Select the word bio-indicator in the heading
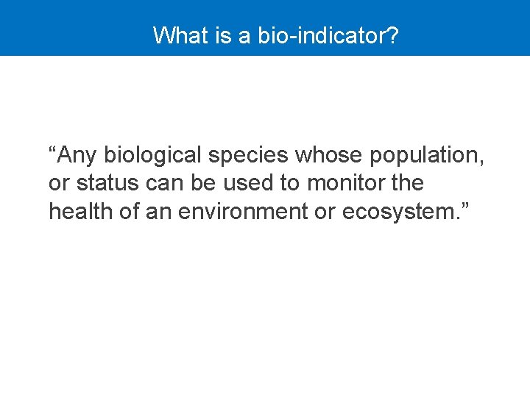coord(320,35)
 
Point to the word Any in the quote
coord(77,155)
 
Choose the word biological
coord(152,155)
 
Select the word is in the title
coord(225,35)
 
